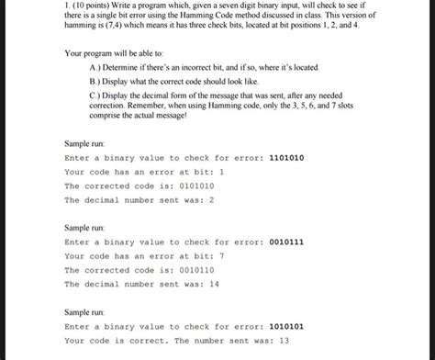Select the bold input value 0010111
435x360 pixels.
point(285,242)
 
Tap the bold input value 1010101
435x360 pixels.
point(285,326)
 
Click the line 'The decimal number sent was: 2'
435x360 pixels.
point(139,198)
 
